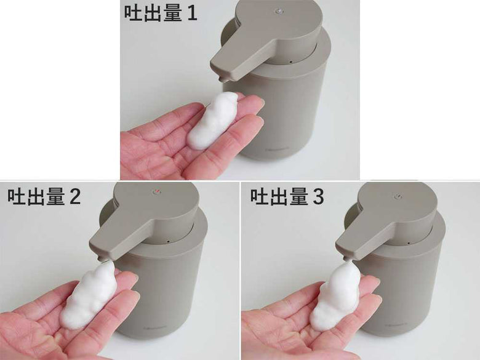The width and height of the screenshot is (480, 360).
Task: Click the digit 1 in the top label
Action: (x=192, y=13)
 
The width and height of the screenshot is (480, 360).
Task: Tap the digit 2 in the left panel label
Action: (x=74, y=196)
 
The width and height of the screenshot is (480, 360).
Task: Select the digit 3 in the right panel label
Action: (x=318, y=196)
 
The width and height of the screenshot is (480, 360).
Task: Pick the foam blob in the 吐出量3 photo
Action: (x=336, y=298)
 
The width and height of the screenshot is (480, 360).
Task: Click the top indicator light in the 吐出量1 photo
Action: (x=279, y=11)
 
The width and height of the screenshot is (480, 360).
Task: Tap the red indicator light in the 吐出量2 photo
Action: (x=156, y=192)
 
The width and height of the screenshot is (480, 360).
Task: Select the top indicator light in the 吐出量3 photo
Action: (x=398, y=196)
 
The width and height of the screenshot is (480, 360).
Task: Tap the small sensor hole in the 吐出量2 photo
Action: (x=168, y=241)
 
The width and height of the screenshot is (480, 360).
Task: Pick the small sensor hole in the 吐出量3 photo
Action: (x=409, y=244)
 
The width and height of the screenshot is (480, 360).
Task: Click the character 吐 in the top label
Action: (x=133, y=13)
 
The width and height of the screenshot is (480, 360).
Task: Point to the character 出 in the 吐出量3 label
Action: (x=279, y=196)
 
